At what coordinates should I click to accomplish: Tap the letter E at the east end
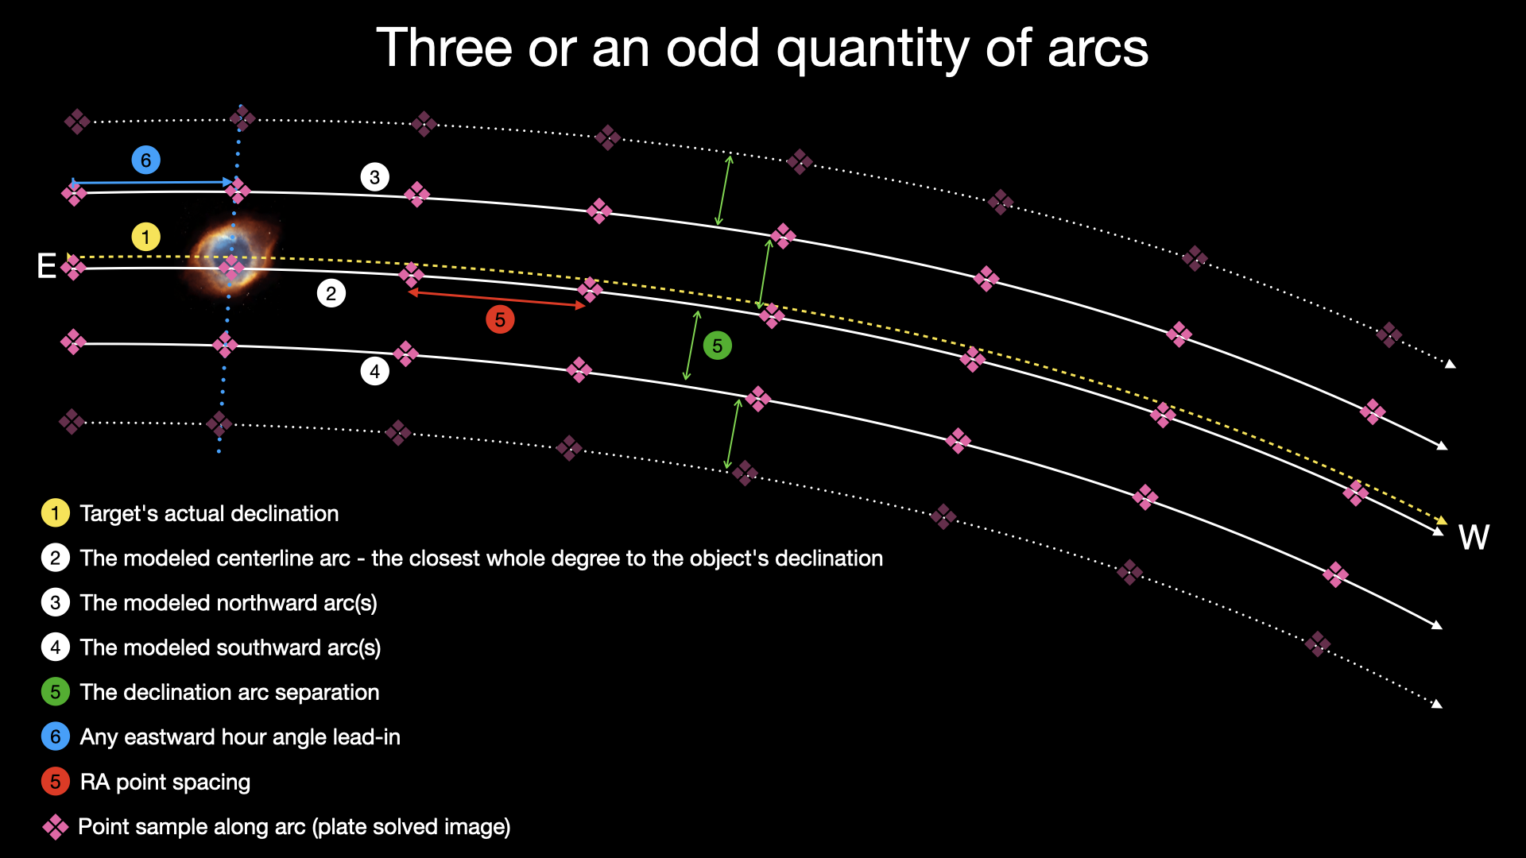click(x=46, y=266)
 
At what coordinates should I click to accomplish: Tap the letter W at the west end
click(x=1474, y=538)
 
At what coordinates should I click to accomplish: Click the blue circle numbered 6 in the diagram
click(x=145, y=160)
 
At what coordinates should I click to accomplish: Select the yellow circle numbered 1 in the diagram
click(x=145, y=237)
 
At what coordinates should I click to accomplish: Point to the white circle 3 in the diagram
click(x=374, y=176)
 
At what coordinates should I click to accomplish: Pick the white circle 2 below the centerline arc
click(x=331, y=293)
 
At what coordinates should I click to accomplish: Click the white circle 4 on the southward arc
click(x=374, y=371)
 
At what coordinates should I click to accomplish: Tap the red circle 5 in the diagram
click(x=500, y=319)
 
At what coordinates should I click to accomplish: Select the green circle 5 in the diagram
click(x=717, y=346)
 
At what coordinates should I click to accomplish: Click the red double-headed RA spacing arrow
click(x=497, y=299)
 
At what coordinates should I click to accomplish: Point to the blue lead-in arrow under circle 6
click(x=151, y=183)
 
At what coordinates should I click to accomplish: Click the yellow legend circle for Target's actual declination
click(x=55, y=513)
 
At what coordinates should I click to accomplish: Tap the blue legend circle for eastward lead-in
click(x=55, y=736)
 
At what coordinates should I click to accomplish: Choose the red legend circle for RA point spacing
click(x=55, y=782)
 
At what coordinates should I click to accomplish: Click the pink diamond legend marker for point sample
click(x=56, y=827)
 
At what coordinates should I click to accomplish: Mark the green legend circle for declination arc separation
click(x=55, y=692)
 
